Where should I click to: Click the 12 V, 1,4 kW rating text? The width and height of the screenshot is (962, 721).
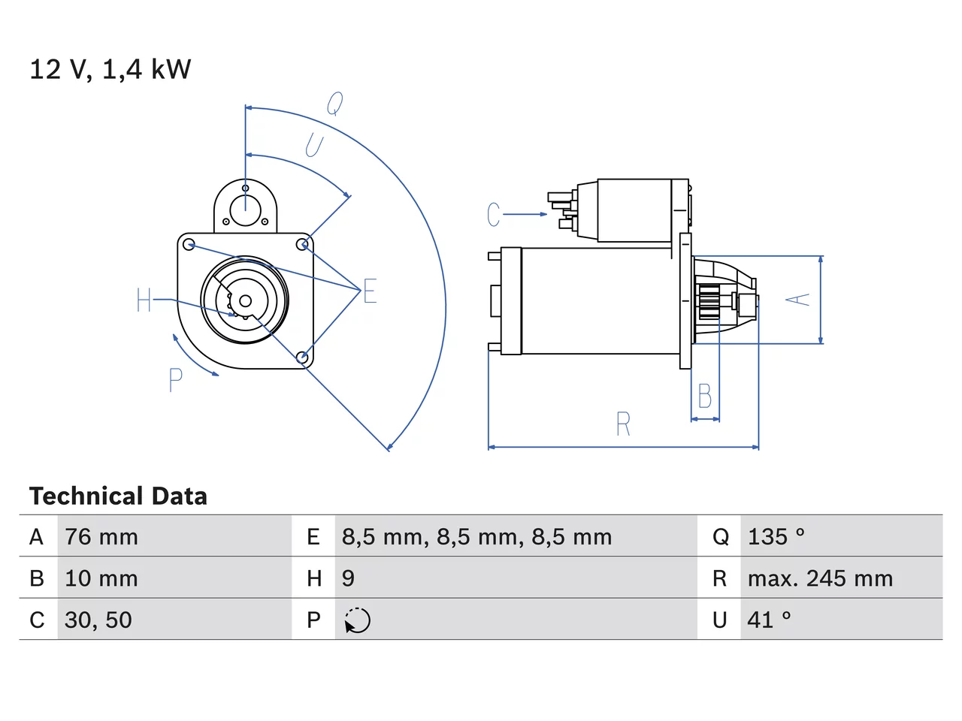pyautogui.click(x=110, y=69)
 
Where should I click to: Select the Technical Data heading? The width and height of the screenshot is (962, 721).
pyautogui.click(x=118, y=496)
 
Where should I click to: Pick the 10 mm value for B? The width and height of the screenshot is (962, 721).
pyautogui.click(x=101, y=578)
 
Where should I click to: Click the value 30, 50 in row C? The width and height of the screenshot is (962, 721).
pyautogui.click(x=98, y=620)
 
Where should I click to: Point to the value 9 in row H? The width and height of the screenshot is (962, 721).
pyautogui.click(x=348, y=578)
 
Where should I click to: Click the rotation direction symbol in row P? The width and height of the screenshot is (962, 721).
pyautogui.click(x=357, y=620)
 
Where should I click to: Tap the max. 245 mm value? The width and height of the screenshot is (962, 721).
pyautogui.click(x=820, y=578)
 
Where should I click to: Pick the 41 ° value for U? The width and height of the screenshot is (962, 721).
pyautogui.click(x=769, y=620)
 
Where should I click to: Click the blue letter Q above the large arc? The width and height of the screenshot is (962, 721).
pyautogui.click(x=335, y=104)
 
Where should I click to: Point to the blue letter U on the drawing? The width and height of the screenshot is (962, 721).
pyautogui.click(x=315, y=146)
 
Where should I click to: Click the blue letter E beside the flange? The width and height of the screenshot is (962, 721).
pyautogui.click(x=370, y=291)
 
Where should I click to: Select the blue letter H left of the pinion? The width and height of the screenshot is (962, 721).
pyautogui.click(x=144, y=300)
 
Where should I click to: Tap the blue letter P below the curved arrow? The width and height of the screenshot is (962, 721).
pyautogui.click(x=176, y=380)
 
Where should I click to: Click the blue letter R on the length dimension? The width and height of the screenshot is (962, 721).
pyautogui.click(x=623, y=424)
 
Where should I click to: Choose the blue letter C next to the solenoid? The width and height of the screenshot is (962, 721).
pyautogui.click(x=494, y=214)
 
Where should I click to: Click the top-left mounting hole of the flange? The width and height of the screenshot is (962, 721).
pyautogui.click(x=189, y=245)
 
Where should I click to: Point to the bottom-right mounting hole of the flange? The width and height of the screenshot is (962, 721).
pyautogui.click(x=302, y=357)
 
